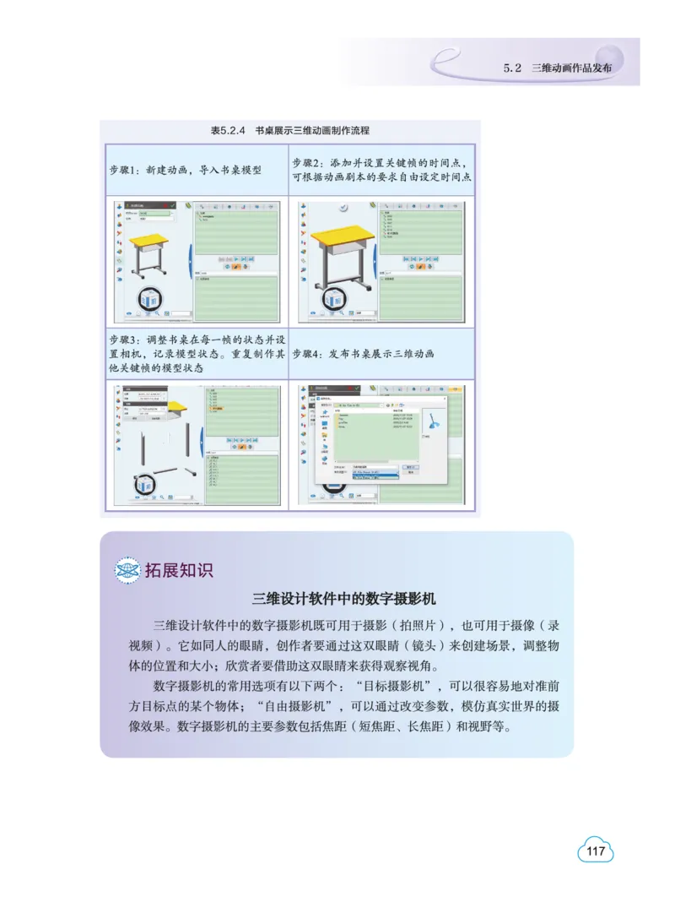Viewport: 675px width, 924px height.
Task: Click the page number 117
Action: pos(596,851)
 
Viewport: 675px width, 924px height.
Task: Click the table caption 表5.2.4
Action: pos(227,131)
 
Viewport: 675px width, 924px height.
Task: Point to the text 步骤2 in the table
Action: pos(309,162)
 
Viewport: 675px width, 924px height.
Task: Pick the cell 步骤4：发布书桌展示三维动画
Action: pos(364,354)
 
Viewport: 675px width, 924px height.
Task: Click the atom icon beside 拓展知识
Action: pos(127,571)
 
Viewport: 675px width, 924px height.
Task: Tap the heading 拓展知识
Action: pos(178,570)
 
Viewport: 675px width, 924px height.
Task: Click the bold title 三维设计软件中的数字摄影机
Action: pos(343,600)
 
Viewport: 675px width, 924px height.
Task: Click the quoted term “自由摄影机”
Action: pos(235,705)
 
